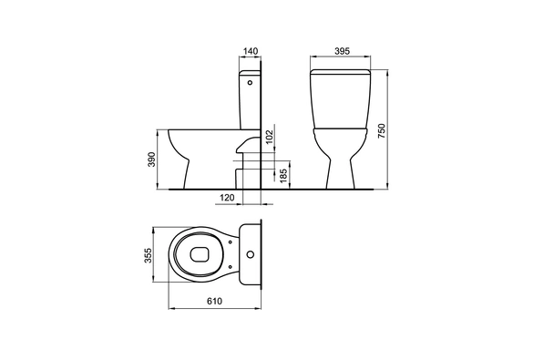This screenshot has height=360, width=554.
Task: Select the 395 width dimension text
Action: [340, 53]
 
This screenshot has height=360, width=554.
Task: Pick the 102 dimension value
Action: [270, 137]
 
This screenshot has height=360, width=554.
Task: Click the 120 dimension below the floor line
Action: [228, 198]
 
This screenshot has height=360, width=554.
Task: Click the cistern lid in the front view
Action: [341, 72]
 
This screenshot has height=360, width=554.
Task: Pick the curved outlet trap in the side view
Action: [244, 146]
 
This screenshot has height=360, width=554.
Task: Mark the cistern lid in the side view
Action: [250, 72]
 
